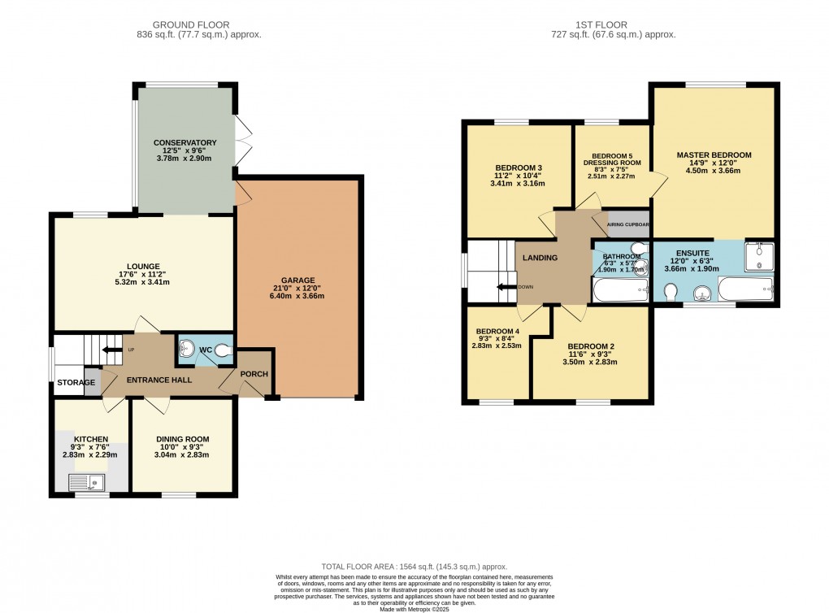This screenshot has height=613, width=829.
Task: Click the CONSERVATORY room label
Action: click(185, 142)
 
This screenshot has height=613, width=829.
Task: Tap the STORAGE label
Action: click(76, 382)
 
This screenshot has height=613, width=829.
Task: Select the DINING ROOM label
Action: click(182, 439)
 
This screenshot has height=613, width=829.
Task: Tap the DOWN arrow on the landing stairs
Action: click(506, 286)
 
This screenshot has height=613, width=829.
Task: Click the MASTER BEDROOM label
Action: click(714, 154)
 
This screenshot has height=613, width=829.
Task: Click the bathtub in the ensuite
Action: click(745, 288)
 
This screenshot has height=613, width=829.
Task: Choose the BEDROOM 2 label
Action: click(590, 346)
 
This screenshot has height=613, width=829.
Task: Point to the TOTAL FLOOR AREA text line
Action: click(414, 566)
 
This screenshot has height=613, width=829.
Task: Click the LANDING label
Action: click(540, 258)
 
